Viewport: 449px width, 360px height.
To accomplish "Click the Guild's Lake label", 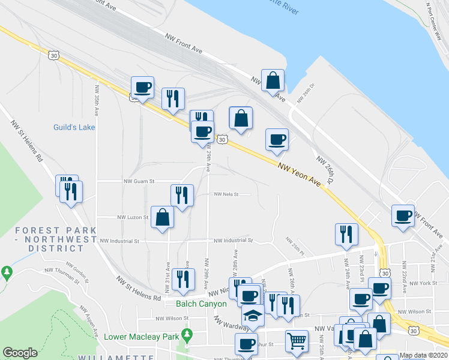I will coord(75,127).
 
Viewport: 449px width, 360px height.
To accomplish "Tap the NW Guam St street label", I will coord(139,181).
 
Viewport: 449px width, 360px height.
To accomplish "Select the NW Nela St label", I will coord(226,194).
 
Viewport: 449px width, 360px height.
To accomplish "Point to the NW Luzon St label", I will coord(133,217).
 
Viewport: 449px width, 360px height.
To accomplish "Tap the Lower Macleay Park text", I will coord(142,337).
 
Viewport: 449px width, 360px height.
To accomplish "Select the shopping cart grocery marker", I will coord(297,341).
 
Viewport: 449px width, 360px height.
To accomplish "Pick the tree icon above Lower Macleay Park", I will coord(187,333).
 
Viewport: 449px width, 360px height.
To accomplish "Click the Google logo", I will coord(20,353).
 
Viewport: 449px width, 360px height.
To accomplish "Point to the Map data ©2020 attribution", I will coord(424,355).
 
